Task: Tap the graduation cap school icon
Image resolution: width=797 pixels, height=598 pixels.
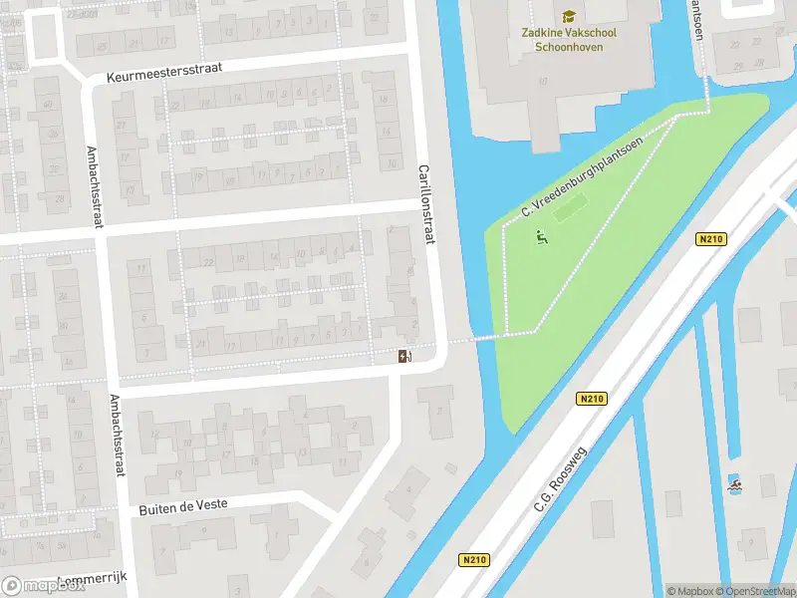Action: pos(569,16)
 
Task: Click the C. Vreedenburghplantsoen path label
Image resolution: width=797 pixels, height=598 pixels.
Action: pos(583,176)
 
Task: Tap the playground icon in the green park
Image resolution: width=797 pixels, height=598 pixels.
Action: pos(541,237)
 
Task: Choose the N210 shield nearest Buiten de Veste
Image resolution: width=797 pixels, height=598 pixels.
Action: pos(474,560)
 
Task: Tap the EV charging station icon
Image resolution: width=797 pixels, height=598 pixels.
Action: pos(404,356)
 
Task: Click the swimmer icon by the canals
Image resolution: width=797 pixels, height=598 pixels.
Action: pos(735,485)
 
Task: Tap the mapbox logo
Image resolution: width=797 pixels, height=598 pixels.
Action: pos(42,585)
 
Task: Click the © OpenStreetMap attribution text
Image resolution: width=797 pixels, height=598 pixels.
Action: pos(756,591)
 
